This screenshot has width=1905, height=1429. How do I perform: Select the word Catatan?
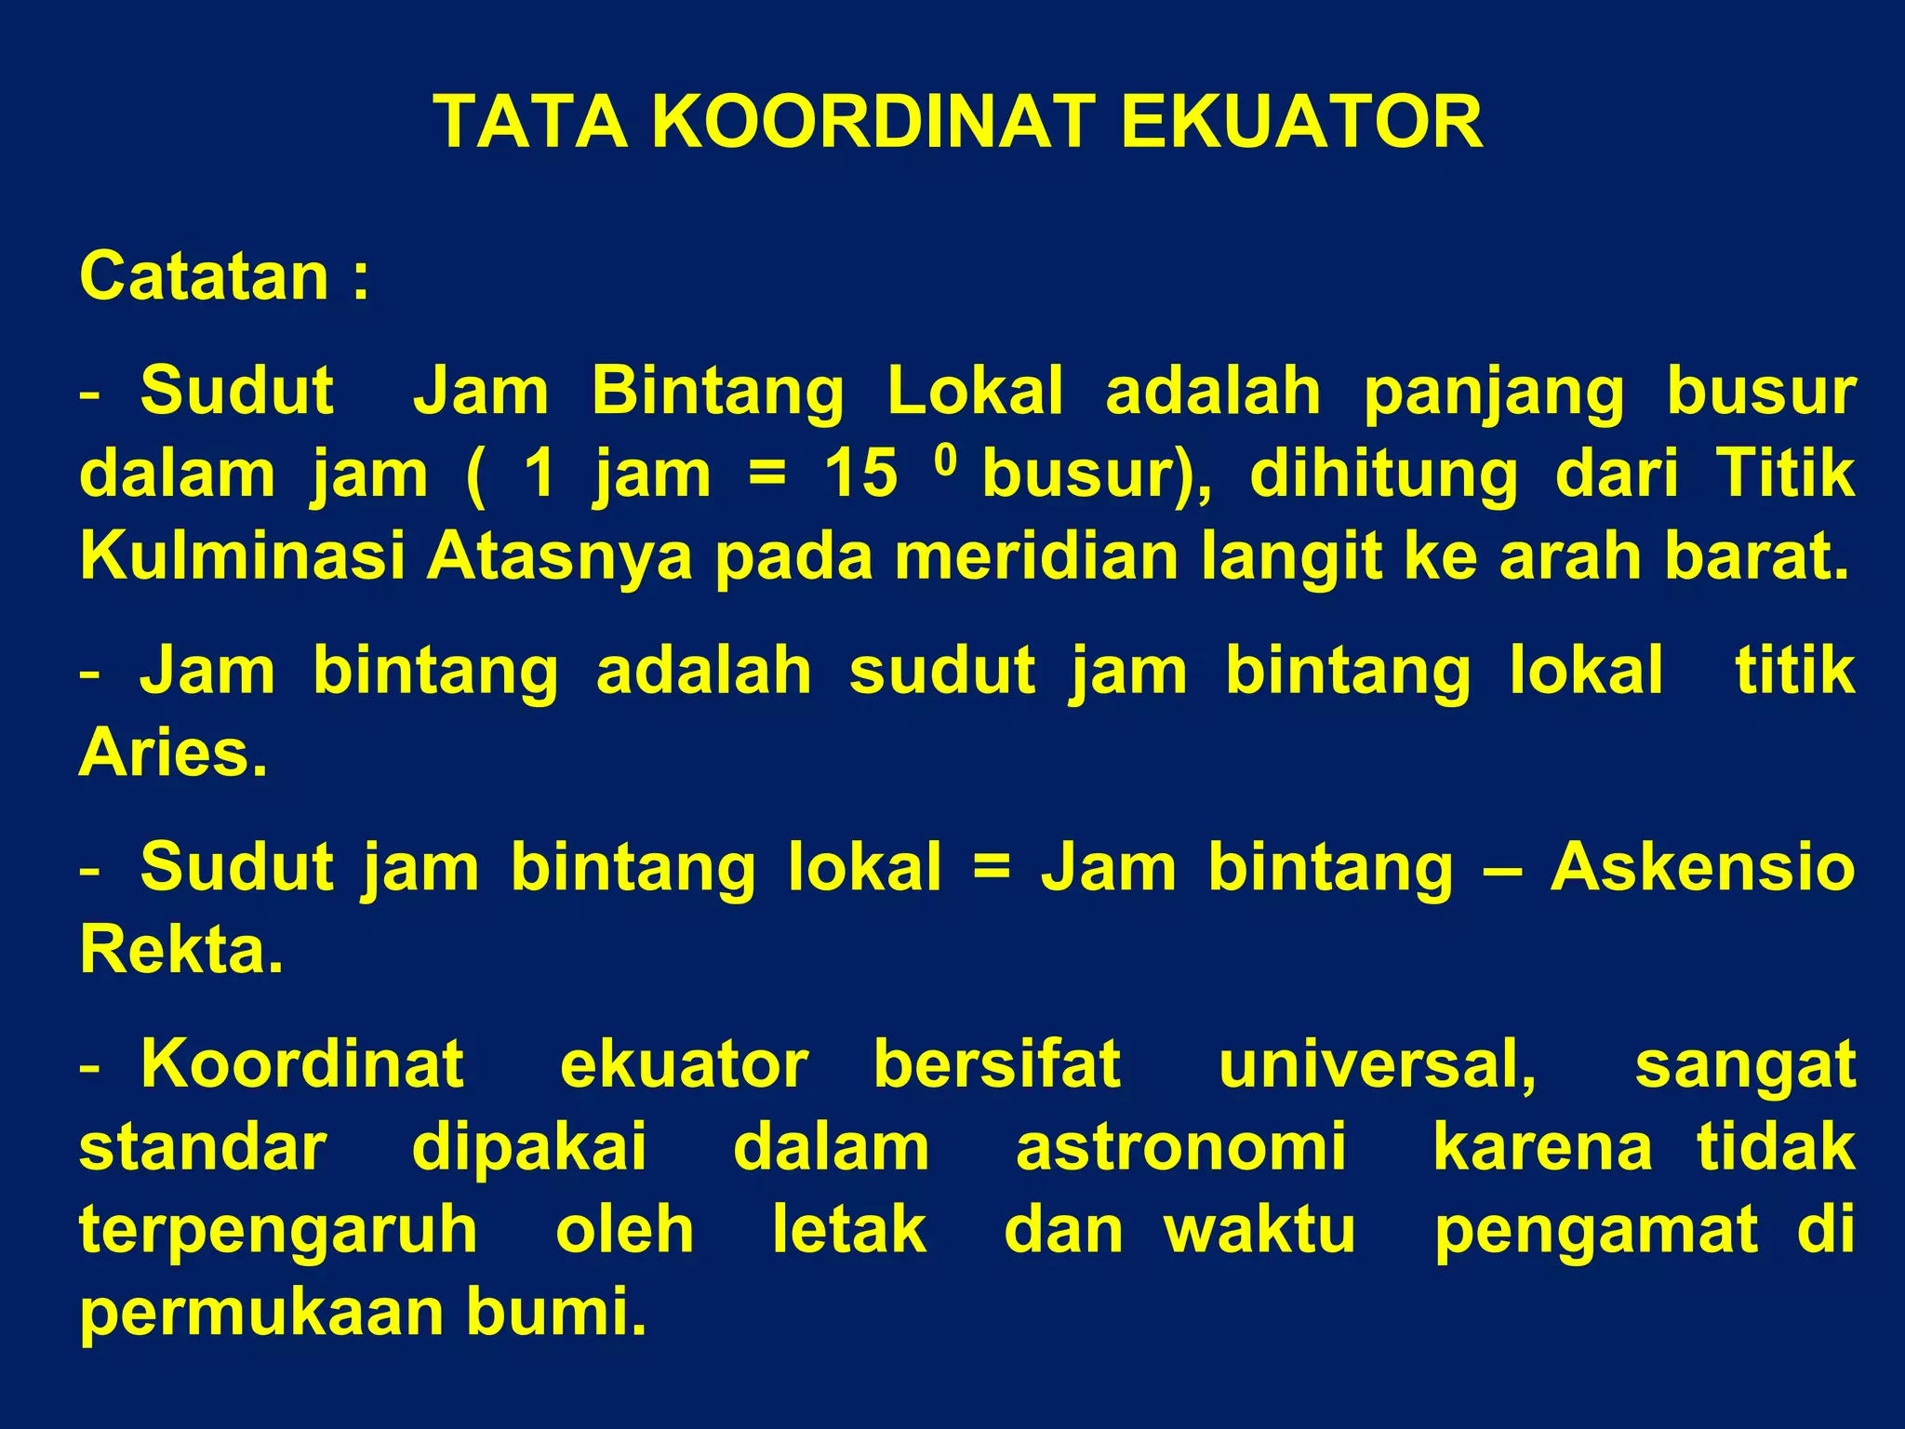[x=205, y=276]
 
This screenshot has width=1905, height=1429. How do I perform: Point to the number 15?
[x=861, y=474]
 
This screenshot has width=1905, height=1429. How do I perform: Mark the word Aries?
[x=173, y=753]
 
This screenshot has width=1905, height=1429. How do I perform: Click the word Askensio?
[x=1702, y=867]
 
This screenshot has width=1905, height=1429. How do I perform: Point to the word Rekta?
[x=180, y=950]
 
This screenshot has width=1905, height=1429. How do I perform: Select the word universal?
[x=1377, y=1064]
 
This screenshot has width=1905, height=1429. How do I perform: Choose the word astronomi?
[x=1180, y=1147]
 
